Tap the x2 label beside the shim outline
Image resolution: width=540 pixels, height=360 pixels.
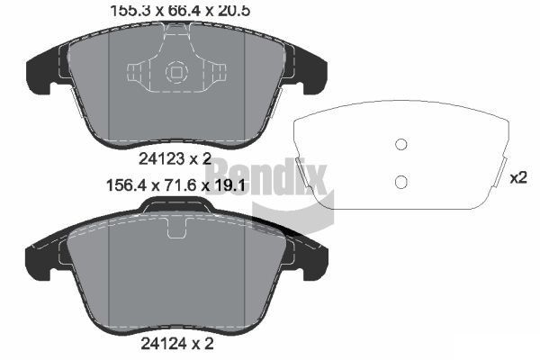coord(518,177)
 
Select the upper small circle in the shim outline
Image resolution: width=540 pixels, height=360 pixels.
coord(402,145)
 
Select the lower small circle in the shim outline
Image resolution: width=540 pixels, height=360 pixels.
coord(402,182)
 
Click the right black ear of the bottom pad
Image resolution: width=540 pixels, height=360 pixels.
coord(311,259)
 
